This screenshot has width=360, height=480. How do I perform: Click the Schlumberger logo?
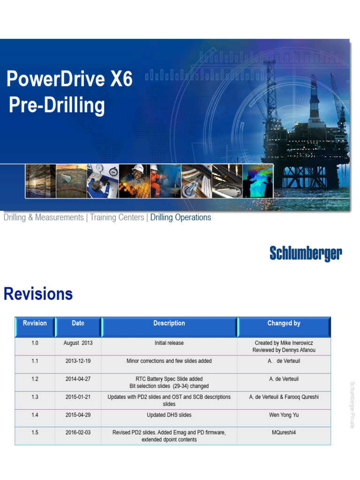[x=306, y=254]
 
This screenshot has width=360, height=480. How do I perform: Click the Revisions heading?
[x=38, y=294]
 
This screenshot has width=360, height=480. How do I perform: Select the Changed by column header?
[x=284, y=323]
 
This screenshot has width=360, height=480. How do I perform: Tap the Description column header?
[x=169, y=323]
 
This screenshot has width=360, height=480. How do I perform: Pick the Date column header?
[x=78, y=323]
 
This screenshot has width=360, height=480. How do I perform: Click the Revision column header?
[x=35, y=323]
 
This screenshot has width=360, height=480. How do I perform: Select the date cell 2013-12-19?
[x=78, y=361]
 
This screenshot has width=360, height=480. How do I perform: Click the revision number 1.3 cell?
[x=35, y=397]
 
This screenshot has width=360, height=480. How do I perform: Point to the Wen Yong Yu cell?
[x=284, y=415]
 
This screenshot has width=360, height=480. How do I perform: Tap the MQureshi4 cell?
[x=284, y=433]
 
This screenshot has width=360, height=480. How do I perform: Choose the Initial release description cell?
[x=169, y=343]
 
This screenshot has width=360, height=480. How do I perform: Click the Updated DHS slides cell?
[x=169, y=415]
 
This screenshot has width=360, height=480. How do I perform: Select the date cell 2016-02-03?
[x=78, y=433]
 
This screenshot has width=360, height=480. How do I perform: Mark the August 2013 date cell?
[x=78, y=343]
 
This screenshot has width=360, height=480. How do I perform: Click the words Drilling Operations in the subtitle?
[x=180, y=217]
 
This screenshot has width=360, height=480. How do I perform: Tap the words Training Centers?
[x=117, y=217]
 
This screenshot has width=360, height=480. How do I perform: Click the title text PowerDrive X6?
[x=69, y=79]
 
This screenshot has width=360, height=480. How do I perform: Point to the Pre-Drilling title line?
[x=57, y=105]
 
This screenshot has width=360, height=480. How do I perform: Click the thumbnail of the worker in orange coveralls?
[x=165, y=180]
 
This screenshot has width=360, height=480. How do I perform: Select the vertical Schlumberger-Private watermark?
[x=352, y=405]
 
